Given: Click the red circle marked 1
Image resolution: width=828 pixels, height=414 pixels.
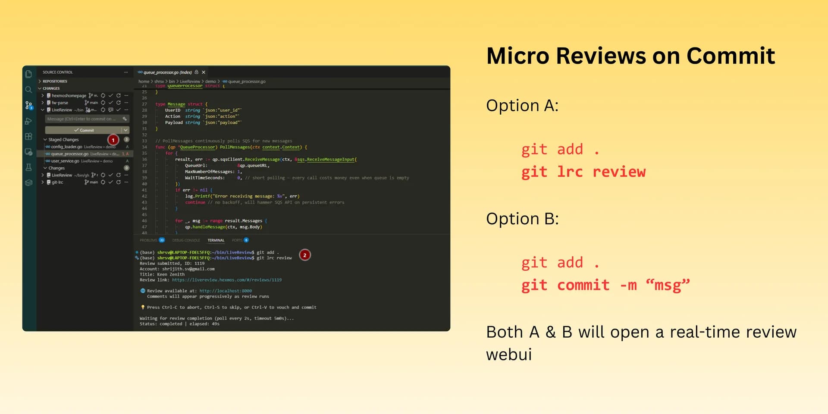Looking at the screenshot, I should tap(113, 140).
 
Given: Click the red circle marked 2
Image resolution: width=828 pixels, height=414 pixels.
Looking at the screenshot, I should tap(305, 255).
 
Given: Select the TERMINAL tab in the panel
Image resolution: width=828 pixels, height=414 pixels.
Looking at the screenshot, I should tap(216, 240).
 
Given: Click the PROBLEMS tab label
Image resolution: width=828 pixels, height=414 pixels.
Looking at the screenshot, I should tap(148, 240).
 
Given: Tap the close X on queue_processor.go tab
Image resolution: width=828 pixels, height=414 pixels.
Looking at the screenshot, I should tap(204, 72).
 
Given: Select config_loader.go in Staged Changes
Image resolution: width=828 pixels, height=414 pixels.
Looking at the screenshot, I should tap(66, 147).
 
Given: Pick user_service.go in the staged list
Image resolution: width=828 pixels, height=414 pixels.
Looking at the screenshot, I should tap(65, 161).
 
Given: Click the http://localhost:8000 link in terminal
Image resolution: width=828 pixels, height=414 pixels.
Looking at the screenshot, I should tap(226, 291).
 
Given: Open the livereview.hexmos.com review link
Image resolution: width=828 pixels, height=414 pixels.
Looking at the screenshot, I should tap(227, 280).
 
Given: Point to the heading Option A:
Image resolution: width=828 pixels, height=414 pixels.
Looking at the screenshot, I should tap(522, 106).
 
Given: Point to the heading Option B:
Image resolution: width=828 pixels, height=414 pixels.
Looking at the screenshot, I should tap(522, 219).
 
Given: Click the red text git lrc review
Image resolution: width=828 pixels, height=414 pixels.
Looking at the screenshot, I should tap(583, 172).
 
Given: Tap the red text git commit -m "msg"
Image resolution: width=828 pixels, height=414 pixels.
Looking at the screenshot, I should tap(605, 285).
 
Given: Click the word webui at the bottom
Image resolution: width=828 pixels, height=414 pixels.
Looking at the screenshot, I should tap(509, 355).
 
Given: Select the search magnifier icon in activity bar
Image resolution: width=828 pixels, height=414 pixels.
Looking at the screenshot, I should tap(28, 90).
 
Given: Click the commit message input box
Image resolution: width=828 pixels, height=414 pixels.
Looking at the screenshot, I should tap(82, 119).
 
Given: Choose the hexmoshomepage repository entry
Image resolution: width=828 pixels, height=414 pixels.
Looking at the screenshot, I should tap(69, 96).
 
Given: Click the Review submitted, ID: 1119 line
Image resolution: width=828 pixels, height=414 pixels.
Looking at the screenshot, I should tap(172, 263).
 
